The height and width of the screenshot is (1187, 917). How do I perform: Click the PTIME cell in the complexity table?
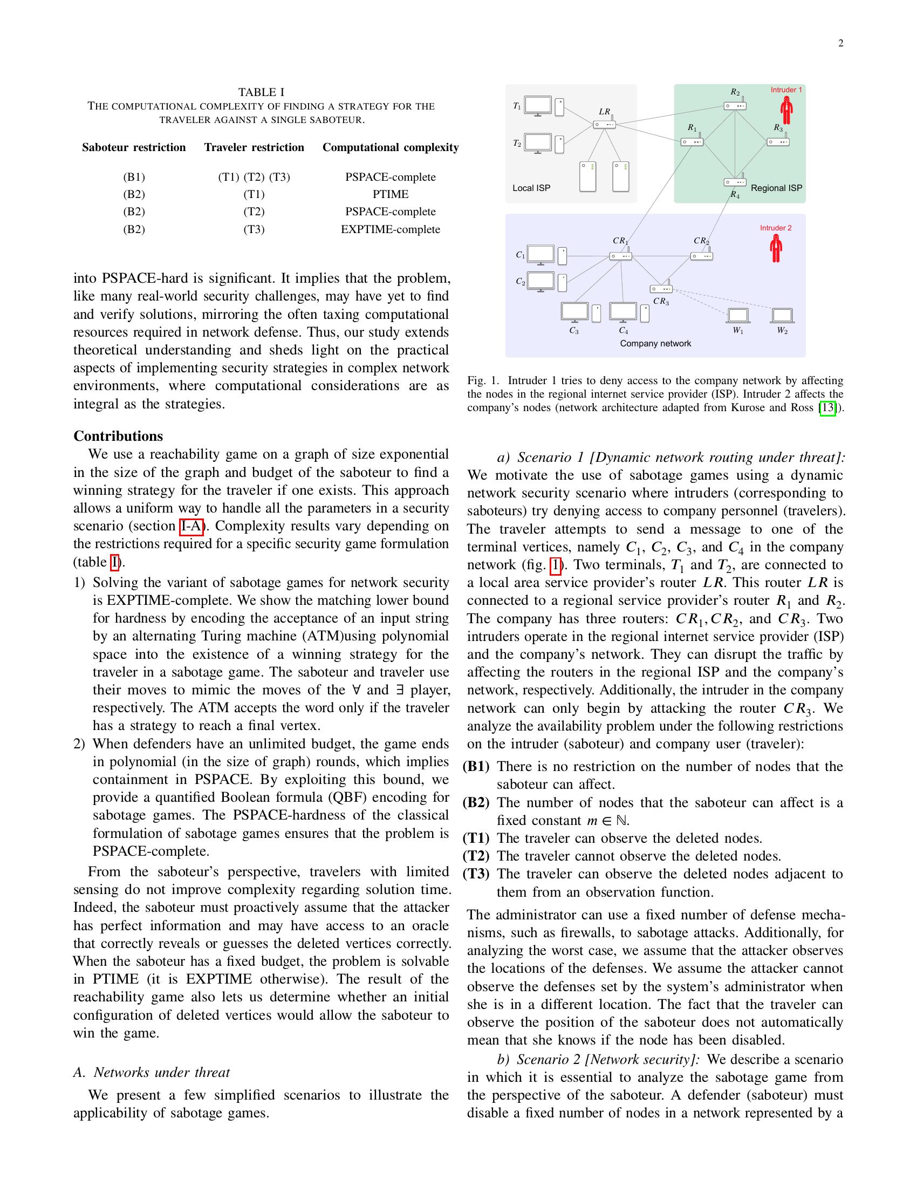tap(390, 194)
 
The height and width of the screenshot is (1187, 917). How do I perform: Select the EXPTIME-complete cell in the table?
tap(390, 229)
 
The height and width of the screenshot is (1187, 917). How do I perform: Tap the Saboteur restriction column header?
tap(134, 147)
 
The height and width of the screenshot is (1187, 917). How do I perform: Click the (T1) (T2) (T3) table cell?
tap(254, 176)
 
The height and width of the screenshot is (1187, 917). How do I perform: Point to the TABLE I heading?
tap(261, 92)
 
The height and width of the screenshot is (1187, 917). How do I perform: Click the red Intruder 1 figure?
tap(785, 111)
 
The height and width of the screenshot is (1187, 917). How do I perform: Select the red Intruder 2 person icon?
tap(776, 249)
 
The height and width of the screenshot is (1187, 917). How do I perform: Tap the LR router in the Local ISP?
tap(604, 124)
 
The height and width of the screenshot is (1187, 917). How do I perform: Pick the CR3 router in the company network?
tap(661, 289)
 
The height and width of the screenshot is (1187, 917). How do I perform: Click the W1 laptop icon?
tap(738, 316)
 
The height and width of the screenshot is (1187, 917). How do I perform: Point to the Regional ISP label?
tap(776, 188)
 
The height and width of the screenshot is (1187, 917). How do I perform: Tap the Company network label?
tap(655, 344)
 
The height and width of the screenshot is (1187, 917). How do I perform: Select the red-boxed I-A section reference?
tap(190, 526)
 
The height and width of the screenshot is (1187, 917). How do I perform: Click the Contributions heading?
tap(118, 436)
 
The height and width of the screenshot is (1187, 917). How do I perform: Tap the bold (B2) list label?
tap(476, 802)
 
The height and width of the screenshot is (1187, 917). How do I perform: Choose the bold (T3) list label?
tap(476, 874)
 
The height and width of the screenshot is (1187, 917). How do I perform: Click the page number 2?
tap(840, 44)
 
